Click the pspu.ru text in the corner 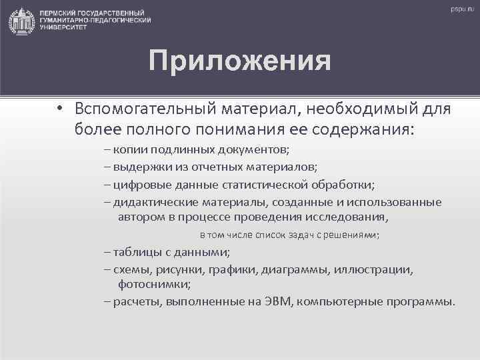[x=460, y=9]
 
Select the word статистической [x=288, y=185]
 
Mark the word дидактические [x=155, y=203]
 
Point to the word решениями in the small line [x=354, y=235]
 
